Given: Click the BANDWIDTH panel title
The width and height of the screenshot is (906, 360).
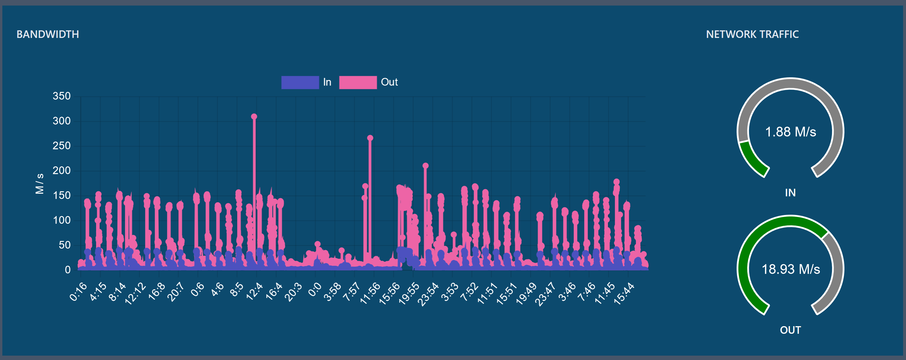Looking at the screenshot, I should (x=48, y=34).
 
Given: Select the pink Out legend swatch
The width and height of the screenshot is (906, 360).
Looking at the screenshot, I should (x=358, y=82).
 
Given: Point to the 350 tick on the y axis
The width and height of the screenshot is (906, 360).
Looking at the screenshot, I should (x=62, y=96).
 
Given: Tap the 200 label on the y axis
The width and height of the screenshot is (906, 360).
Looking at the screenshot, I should (x=62, y=170).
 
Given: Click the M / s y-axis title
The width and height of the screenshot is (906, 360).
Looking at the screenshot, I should (x=39, y=183).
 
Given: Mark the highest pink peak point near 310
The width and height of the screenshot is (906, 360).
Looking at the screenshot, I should (x=254, y=117).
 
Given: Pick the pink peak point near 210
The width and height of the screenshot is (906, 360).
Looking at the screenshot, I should (x=425, y=166).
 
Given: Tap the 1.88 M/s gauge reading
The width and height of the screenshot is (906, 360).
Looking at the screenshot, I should (x=790, y=132).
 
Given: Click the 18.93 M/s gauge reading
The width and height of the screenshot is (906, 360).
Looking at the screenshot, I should (x=790, y=269).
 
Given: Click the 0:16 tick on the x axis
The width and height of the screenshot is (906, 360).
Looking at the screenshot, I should (x=78, y=292).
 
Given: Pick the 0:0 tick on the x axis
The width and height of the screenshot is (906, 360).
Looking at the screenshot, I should (x=314, y=290).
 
